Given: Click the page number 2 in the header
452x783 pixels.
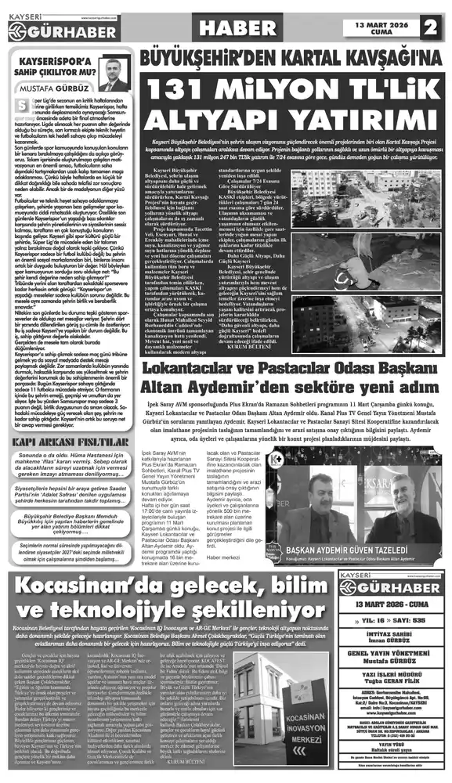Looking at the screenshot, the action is tap(430, 27).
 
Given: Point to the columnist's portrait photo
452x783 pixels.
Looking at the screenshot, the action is tap(114, 74).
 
